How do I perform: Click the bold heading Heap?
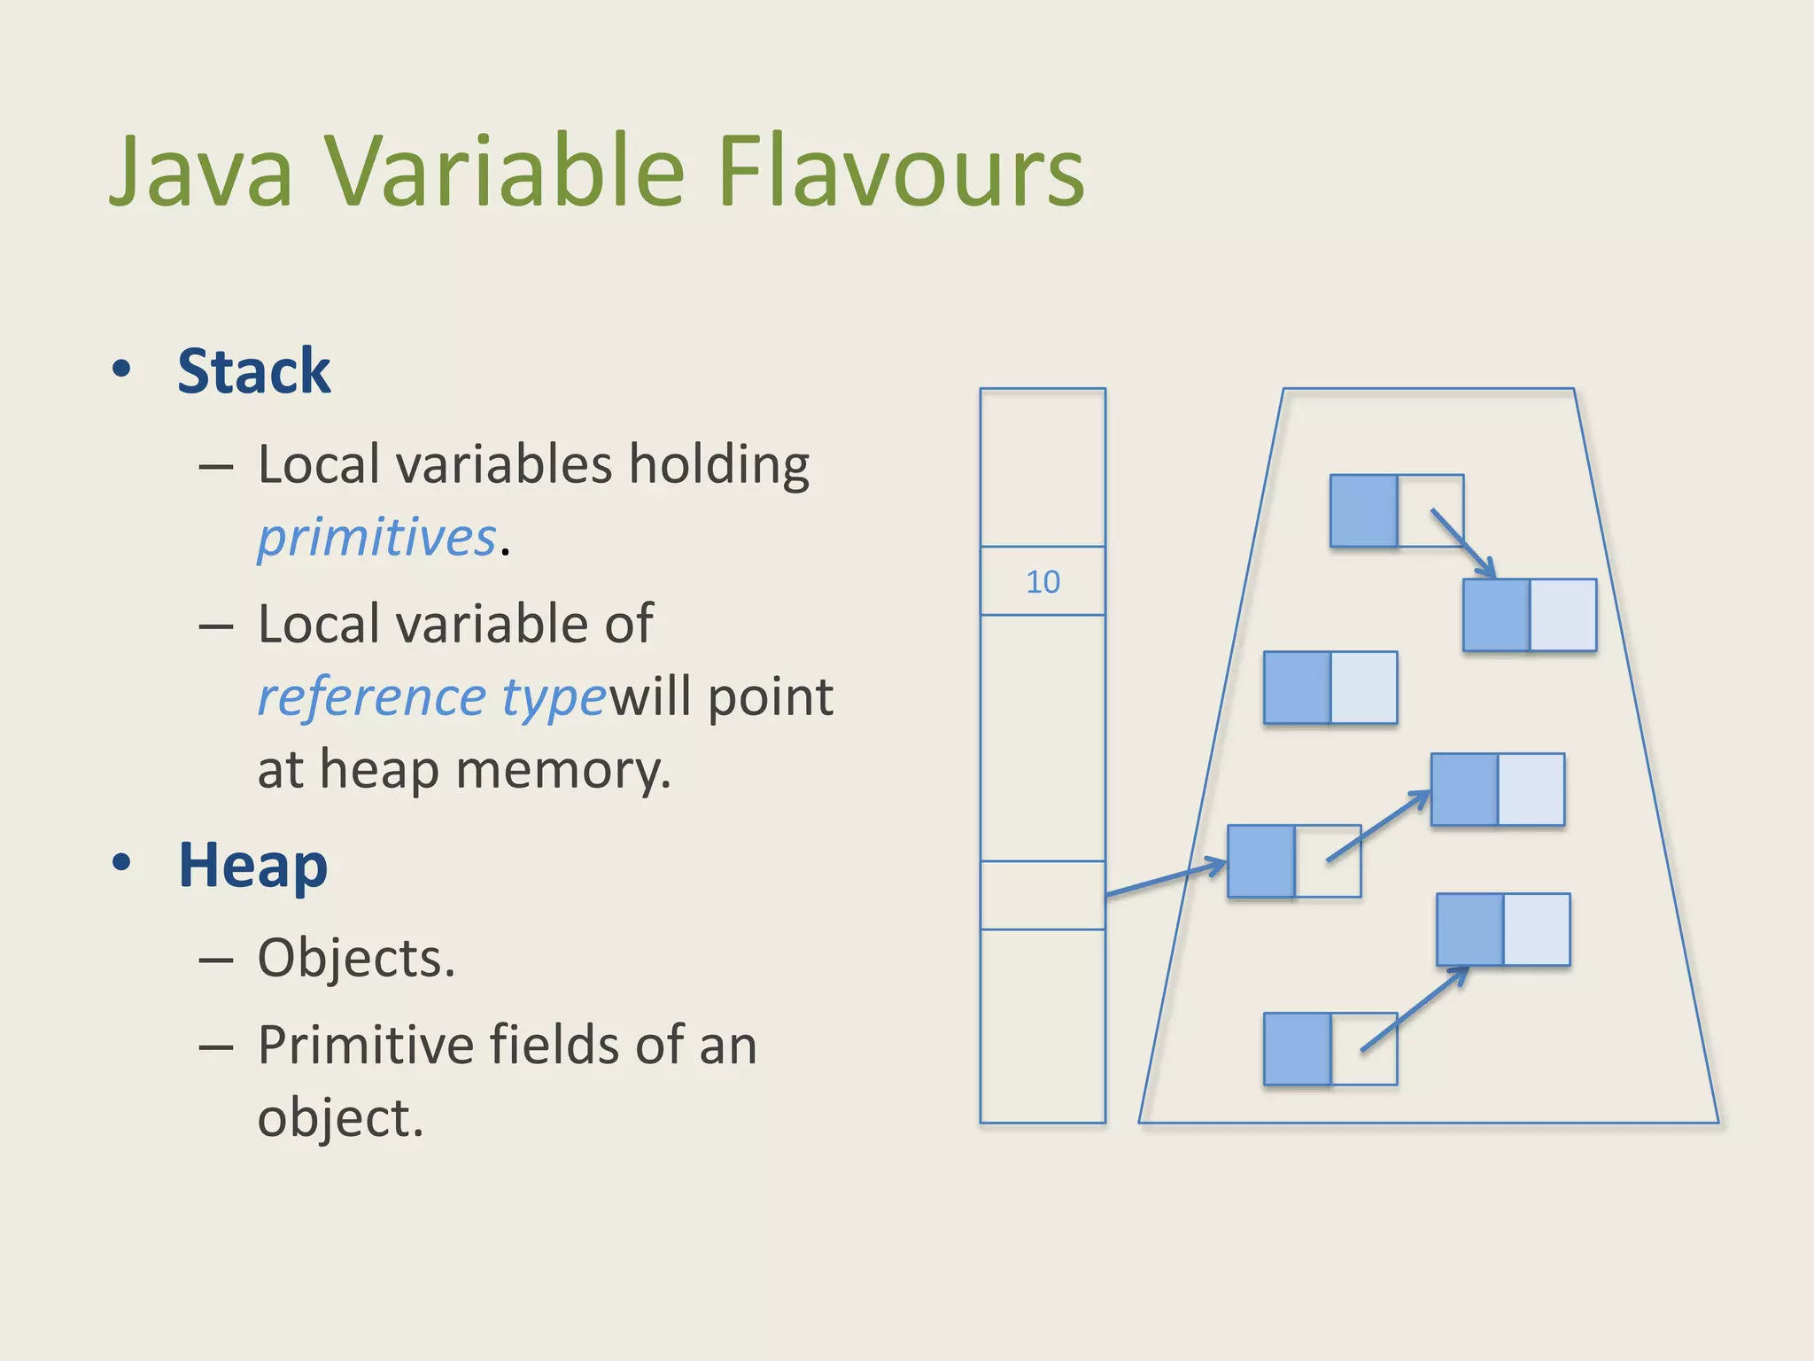[x=252, y=865]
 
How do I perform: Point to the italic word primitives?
[x=376, y=537]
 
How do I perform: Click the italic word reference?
[x=371, y=696]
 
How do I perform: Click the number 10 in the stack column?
[x=1043, y=582]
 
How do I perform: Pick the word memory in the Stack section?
[x=563, y=769]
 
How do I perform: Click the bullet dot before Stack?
[x=122, y=369]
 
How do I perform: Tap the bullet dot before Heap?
[x=122, y=862]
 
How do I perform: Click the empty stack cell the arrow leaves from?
[x=1043, y=895]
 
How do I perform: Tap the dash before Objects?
[x=216, y=959]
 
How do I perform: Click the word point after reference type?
[x=771, y=697]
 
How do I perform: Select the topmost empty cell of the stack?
[x=1043, y=467]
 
